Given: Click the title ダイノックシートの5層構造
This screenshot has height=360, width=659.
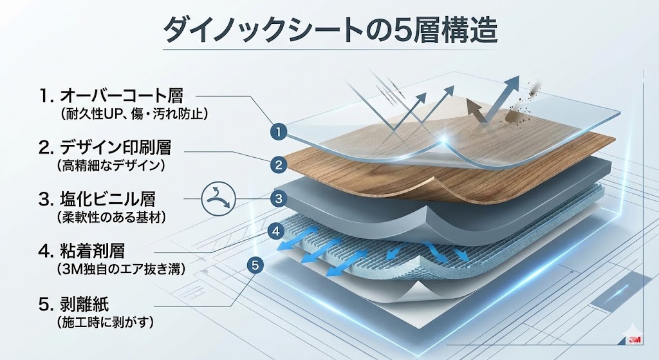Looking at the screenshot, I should pos(329,29).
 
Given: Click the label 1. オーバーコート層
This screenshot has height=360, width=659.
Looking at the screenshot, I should pos(111,96).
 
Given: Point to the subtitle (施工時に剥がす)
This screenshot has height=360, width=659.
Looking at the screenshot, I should pos(105,320).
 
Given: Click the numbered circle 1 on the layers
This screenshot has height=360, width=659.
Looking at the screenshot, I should pos(278,133).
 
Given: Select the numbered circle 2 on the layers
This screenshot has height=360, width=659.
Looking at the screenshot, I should pos(278,165).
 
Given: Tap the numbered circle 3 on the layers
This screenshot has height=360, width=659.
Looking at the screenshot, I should pos(278,198).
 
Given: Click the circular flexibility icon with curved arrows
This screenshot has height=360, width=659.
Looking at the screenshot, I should pos(217,198).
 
